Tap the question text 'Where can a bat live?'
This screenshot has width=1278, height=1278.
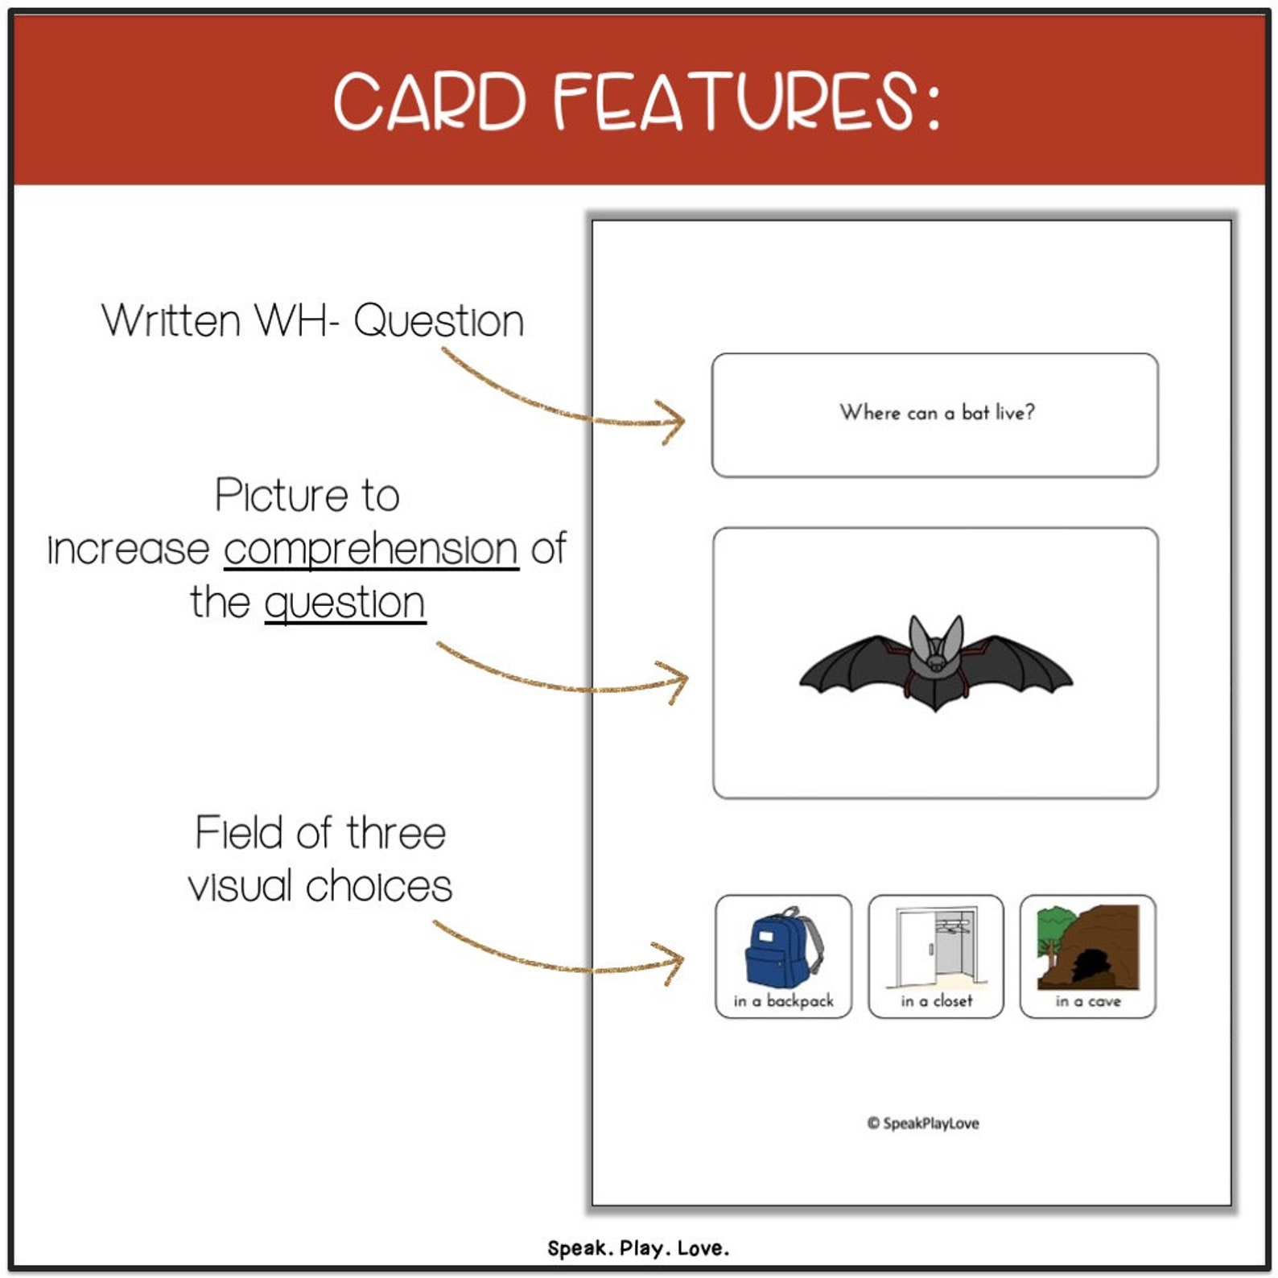937,412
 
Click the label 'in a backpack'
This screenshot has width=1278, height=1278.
783,1001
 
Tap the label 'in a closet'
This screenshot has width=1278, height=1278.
936,1001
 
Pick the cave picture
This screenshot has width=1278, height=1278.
1088,947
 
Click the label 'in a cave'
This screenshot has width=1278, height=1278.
1088,1001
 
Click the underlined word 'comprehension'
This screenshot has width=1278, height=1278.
371,550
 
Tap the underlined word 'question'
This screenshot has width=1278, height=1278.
344,603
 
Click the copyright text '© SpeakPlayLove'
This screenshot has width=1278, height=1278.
923,1123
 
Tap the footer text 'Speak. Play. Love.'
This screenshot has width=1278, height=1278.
638,1248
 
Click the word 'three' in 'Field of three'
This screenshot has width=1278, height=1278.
396,833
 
